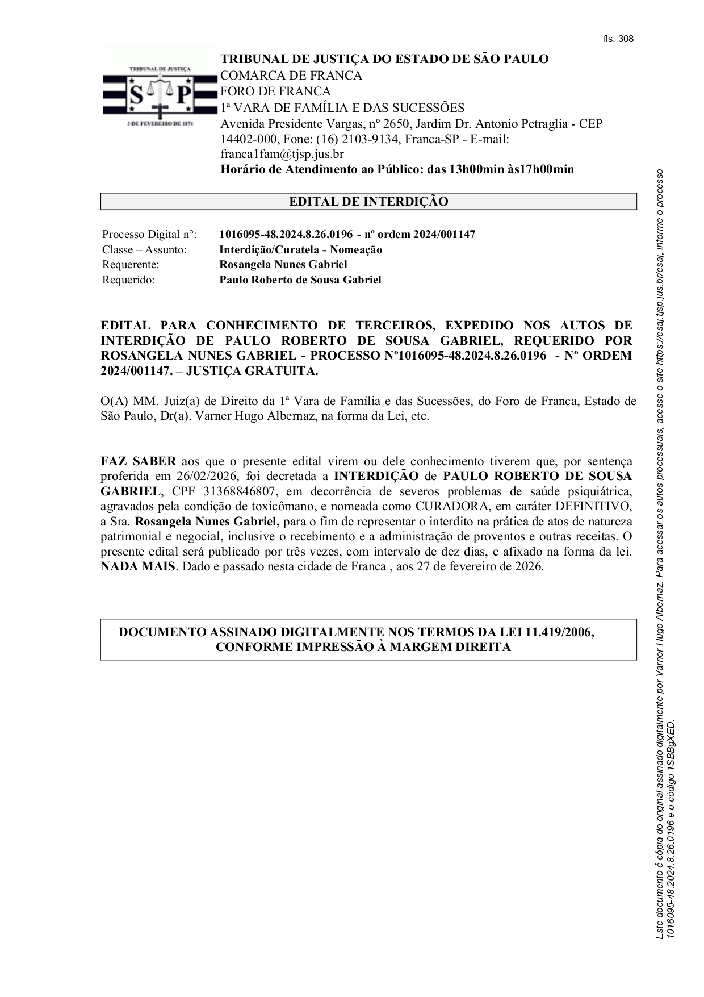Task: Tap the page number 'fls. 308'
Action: pyautogui.click(x=618, y=39)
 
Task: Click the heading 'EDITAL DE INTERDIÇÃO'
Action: pyautogui.click(x=368, y=202)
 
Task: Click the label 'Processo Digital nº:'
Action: pyautogui.click(x=149, y=235)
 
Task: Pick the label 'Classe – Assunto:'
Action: pyautogui.click(x=144, y=250)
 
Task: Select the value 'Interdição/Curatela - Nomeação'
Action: pyautogui.click(x=300, y=250)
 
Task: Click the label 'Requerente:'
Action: pyautogui.click(x=131, y=265)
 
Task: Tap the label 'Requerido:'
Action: pyautogui.click(x=128, y=280)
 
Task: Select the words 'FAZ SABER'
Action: pyautogui.click(x=139, y=461)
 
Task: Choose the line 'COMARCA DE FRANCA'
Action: pyautogui.click(x=291, y=76)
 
